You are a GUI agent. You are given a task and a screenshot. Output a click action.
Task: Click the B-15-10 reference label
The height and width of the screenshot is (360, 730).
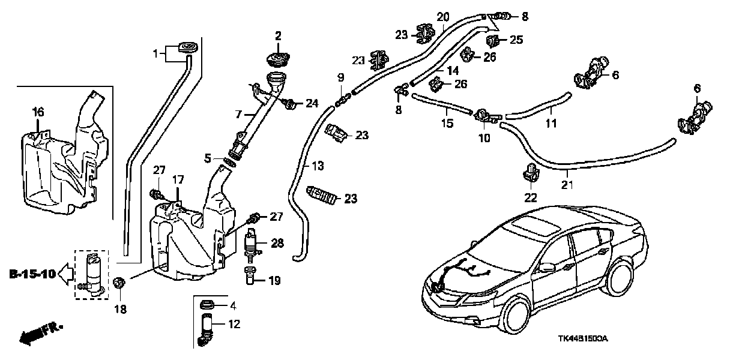point(32,275)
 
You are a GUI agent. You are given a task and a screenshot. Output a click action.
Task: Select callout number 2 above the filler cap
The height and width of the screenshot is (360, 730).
point(278,37)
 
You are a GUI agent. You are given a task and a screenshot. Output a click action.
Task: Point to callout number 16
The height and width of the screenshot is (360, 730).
point(38,112)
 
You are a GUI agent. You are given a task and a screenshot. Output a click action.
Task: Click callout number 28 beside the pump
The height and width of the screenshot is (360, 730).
point(276,242)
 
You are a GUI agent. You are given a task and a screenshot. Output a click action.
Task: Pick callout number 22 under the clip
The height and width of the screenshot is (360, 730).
point(531,197)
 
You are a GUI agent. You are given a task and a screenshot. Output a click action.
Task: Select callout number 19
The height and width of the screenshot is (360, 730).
point(274,280)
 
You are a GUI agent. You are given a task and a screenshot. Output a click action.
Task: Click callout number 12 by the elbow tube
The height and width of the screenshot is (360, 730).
point(234,325)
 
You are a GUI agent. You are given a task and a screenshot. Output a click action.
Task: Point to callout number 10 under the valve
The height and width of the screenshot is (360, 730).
point(484,137)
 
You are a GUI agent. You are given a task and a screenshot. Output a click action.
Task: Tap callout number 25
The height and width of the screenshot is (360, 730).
point(516,40)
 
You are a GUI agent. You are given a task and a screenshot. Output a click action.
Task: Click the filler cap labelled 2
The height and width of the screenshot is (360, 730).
point(278,61)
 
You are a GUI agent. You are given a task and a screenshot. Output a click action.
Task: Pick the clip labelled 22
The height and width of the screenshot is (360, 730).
point(531,173)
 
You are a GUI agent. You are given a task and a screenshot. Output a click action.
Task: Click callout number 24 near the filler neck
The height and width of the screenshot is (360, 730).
point(311,103)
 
